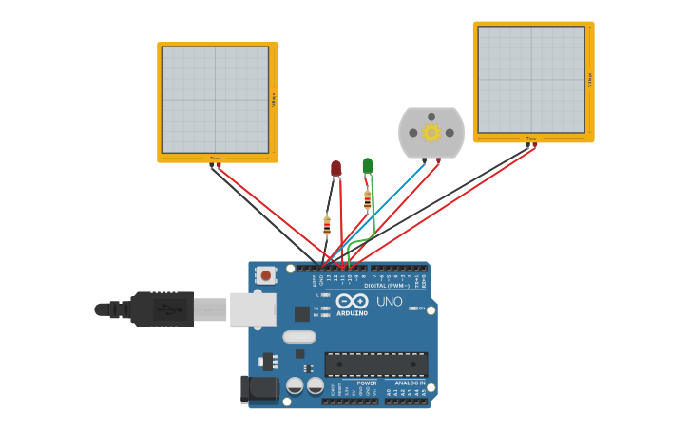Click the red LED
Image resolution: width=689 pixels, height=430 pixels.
click(x=335, y=168)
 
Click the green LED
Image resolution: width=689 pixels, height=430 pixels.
click(x=368, y=165)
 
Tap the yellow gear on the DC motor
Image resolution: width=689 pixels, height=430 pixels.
click(x=431, y=133)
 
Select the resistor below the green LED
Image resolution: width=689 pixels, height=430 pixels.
click(x=368, y=200)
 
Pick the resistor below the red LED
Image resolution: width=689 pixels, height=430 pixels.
click(x=327, y=226)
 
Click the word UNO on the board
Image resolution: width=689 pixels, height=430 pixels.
click(x=390, y=302)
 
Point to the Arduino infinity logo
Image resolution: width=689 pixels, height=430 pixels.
click(x=352, y=301)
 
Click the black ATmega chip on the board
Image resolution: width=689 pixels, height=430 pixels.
click(x=376, y=364)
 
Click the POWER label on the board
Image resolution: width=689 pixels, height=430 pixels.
click(x=367, y=383)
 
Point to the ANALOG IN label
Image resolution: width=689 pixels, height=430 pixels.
click(x=410, y=383)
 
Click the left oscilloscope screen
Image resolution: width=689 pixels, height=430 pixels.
click(x=216, y=100)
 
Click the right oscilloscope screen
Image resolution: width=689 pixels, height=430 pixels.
click(x=531, y=80)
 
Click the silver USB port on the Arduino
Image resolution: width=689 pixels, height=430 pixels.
click(x=253, y=309)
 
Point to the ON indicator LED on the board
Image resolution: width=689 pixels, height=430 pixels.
click(x=415, y=308)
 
